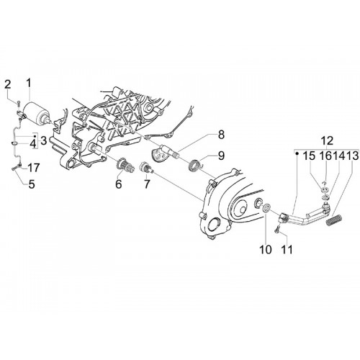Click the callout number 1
29,84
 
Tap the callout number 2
8,85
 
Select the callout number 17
33,168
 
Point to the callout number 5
32,184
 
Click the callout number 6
119,184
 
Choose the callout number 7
147,184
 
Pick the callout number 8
221,135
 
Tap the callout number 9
221,156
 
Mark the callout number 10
266,250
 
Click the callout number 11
287,250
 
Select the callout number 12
328,141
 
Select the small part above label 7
145,166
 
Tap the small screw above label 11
277,228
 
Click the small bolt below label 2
18,104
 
